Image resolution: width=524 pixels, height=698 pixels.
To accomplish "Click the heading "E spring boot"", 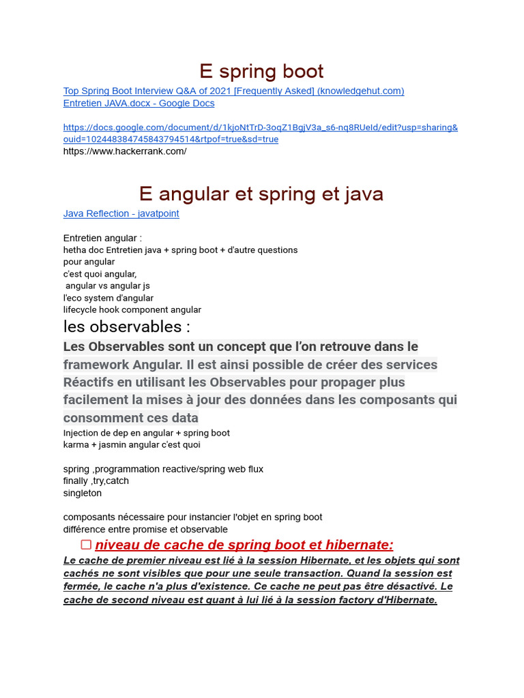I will [x=261, y=71].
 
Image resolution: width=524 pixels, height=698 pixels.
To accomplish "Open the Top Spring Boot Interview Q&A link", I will [x=233, y=91].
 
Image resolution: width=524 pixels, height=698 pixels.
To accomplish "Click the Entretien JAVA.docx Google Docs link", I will [x=139, y=103].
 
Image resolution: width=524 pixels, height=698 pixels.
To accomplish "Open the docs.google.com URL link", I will [x=261, y=127].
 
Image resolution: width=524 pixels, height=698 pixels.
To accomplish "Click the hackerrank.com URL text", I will [x=125, y=151].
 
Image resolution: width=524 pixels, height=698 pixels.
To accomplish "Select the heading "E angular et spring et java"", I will [x=261, y=194].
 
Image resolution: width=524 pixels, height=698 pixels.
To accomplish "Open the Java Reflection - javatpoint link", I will [x=121, y=213].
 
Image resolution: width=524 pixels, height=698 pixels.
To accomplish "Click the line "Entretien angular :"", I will [x=102, y=238].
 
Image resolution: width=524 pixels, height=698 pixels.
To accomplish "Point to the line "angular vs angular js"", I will [x=108, y=286].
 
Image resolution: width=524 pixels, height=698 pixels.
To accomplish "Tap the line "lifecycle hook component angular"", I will [x=132, y=309].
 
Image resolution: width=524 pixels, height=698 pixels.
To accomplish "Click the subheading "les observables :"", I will [x=126, y=327].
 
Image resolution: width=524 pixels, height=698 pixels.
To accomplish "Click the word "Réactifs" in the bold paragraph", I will [x=88, y=382].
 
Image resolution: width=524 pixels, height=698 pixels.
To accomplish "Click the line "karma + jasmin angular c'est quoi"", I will [x=132, y=444].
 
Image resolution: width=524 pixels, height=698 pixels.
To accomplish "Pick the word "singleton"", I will [x=83, y=493].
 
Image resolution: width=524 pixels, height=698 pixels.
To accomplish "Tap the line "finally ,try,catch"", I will [x=96, y=481].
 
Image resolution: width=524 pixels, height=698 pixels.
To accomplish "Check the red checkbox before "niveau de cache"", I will [x=86, y=545].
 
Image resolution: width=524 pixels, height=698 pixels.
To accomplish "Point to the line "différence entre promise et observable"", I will [x=145, y=529].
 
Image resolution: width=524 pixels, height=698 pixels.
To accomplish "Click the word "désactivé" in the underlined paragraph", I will [x=412, y=586].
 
